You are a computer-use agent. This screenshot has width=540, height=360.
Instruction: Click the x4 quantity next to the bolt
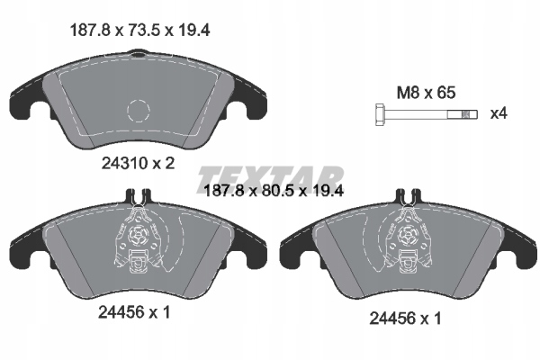point(497,114)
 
